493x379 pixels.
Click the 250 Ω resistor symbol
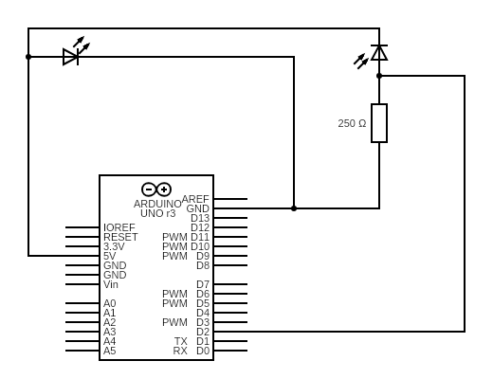(x=379, y=123)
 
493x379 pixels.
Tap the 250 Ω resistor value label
(x=352, y=123)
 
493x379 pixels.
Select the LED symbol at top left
(x=71, y=57)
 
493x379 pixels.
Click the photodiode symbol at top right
(x=378, y=52)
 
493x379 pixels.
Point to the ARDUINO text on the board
(x=157, y=204)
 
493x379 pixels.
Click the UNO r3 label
(x=158, y=213)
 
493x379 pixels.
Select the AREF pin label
(x=195, y=199)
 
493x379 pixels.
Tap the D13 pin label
(x=200, y=218)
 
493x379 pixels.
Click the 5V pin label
(x=110, y=256)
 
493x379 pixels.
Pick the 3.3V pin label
(x=114, y=246)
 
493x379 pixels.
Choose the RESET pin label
(x=120, y=237)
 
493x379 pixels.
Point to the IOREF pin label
(x=119, y=227)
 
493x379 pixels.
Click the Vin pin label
(x=111, y=284)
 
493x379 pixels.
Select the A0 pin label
(x=110, y=303)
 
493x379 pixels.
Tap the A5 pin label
(x=110, y=351)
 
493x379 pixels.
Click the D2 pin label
(x=203, y=332)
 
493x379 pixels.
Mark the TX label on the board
(x=180, y=341)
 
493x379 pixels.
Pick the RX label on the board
(x=180, y=351)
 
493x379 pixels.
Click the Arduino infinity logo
(x=156, y=189)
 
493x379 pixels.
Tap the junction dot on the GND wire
(x=294, y=208)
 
